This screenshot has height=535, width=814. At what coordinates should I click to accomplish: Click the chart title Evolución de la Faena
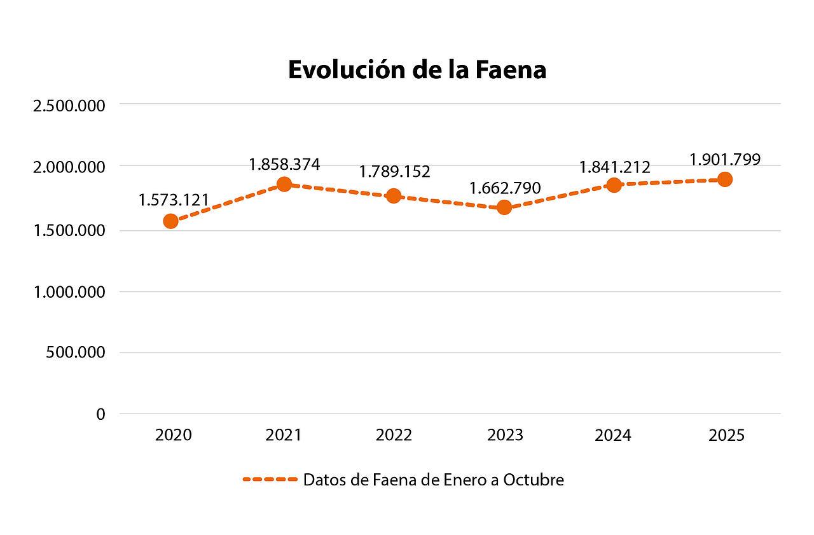417,70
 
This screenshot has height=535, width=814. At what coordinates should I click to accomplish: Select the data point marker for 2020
170,221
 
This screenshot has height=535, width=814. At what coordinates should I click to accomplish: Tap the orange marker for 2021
284,184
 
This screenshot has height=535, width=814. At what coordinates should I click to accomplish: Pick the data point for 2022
394,195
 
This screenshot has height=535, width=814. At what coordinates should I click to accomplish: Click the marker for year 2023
504,207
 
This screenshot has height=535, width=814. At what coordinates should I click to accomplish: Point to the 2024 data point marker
614,185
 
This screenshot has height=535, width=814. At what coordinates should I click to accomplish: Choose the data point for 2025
724,179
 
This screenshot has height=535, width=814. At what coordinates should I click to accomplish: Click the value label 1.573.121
174,200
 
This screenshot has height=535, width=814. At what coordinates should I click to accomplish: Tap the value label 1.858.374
284,165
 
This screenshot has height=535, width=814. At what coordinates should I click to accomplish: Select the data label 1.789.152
394,172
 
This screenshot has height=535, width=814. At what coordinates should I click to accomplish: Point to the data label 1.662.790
505,188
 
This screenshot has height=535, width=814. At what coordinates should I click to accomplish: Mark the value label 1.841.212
614,167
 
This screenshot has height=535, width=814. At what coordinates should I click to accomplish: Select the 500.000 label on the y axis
75,352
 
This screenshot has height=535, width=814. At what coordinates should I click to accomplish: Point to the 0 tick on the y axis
100,414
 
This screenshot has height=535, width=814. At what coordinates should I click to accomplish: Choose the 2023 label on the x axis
505,436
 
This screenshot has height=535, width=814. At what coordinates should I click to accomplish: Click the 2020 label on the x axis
174,436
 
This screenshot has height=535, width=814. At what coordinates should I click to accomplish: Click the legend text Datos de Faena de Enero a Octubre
433,480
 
